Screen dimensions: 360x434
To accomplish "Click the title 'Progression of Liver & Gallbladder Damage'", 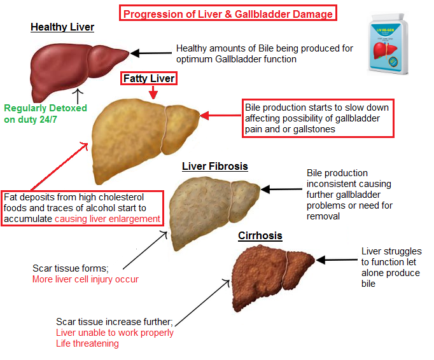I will click(228, 13).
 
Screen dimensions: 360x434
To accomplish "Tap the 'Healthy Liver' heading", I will click(62, 27).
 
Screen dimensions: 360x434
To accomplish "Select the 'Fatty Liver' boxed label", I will click(148, 79).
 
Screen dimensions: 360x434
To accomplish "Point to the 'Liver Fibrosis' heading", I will click(214, 167).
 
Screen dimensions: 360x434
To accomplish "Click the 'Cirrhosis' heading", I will click(260, 236).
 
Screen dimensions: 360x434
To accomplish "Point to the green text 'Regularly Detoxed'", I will click(45, 108).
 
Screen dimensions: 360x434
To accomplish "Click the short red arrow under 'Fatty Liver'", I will click(152, 93).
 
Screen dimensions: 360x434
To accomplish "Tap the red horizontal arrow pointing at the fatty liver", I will click(223, 116).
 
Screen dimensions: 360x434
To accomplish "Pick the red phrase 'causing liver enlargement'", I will click(107, 219).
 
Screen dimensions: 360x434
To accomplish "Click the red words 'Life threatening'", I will click(87, 343).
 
